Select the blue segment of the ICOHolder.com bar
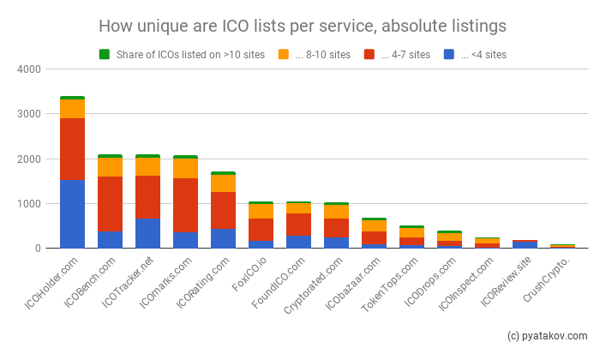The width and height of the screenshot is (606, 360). pyautogui.click(x=72, y=213)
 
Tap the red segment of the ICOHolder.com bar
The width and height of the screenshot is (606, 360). pyautogui.click(x=72, y=148)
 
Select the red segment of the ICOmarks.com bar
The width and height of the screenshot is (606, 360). pyautogui.click(x=185, y=206)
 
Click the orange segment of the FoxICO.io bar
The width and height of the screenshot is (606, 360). pyautogui.click(x=261, y=211)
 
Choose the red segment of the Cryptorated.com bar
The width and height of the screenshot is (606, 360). pyautogui.click(x=336, y=228)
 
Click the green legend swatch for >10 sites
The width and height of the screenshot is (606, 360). pyautogui.click(x=105, y=55)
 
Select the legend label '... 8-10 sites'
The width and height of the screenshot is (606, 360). pyautogui.click(x=322, y=55)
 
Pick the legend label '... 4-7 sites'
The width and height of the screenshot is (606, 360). pyautogui.click(x=402, y=55)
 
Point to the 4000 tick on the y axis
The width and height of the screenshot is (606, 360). pyautogui.click(x=31, y=69)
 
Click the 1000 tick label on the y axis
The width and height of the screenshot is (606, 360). pyautogui.click(x=31, y=204)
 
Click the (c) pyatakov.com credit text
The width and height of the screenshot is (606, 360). pyautogui.click(x=547, y=335)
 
